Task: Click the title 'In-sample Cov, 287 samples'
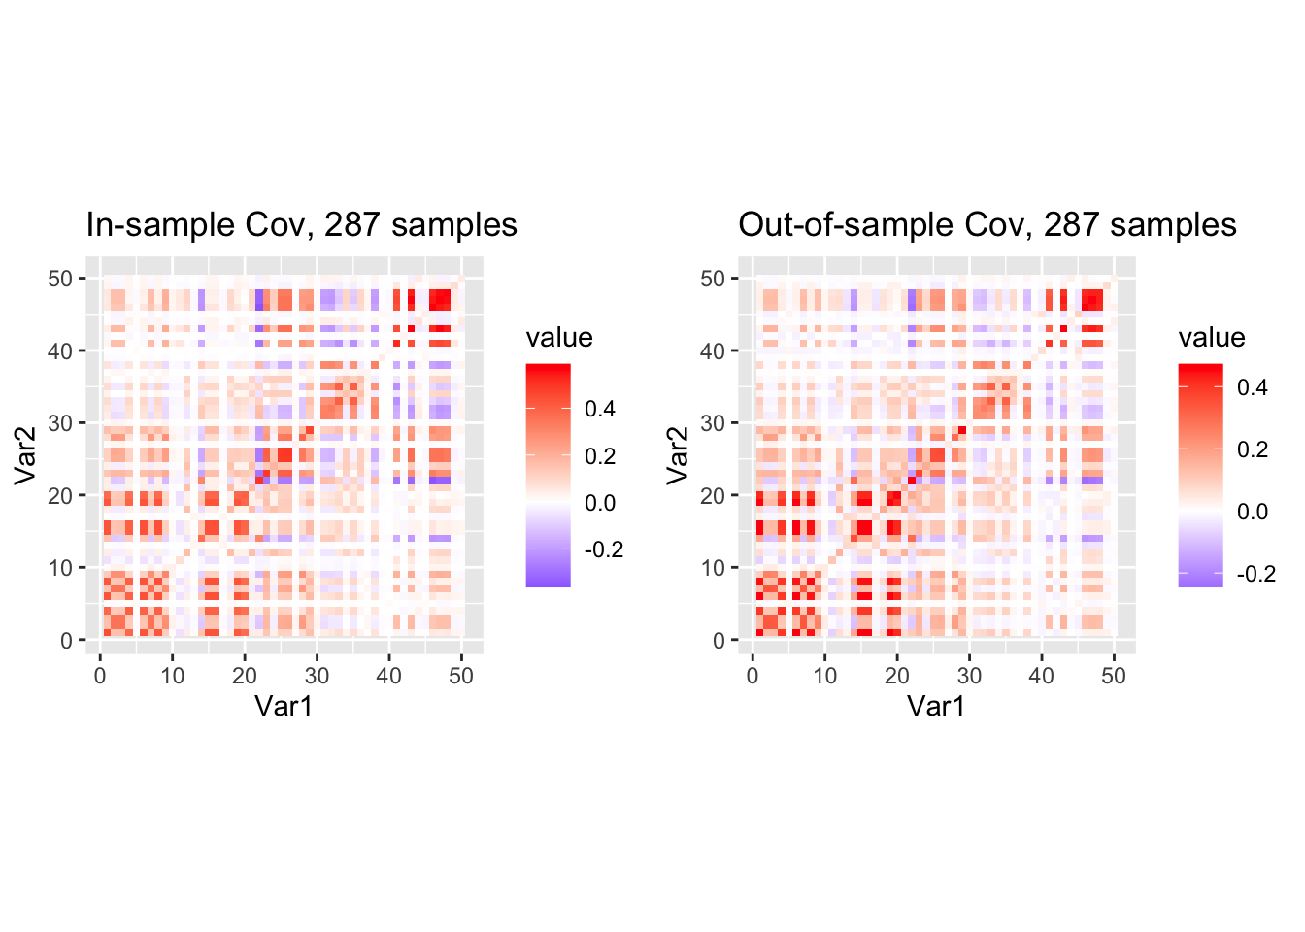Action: coord(301,225)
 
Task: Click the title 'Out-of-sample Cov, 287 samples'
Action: coord(987,225)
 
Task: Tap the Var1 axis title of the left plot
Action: coord(284,706)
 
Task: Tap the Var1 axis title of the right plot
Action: coord(936,706)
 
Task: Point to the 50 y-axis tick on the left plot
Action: coord(60,280)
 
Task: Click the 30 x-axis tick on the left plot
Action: coord(317,676)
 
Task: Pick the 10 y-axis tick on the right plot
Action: coord(713,568)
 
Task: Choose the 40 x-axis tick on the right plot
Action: coord(1041,676)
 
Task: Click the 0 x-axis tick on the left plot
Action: coord(100,676)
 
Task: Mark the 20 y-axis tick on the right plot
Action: coord(713,496)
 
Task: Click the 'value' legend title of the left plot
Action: coord(559,338)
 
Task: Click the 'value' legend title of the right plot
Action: coord(1212,338)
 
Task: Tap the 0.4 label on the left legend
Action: coord(600,409)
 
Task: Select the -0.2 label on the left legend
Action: coord(604,549)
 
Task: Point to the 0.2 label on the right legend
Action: coord(1253,449)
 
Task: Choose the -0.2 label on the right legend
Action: coord(1256,574)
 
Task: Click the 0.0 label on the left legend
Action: coord(600,503)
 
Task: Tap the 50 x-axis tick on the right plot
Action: coord(1114,676)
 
